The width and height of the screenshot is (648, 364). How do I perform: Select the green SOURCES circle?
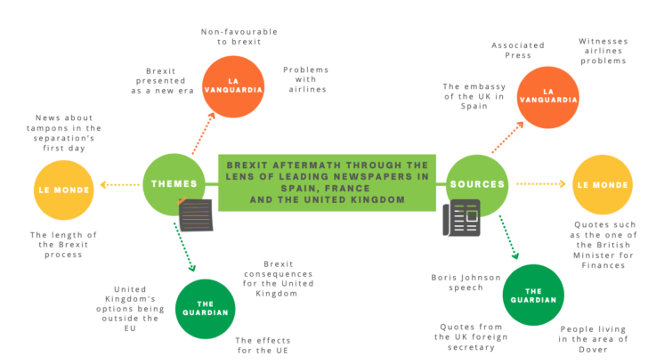coord(477,183)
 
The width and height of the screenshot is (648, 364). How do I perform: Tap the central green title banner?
coord(327,182)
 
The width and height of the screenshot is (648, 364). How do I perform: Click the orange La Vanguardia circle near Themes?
coord(232,86)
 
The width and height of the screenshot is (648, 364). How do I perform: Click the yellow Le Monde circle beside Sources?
coord(601,184)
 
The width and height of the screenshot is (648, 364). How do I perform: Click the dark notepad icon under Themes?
coord(196,214)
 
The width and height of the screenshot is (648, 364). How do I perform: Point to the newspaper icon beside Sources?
coord(461,217)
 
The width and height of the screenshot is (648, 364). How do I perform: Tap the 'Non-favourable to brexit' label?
coord(239,35)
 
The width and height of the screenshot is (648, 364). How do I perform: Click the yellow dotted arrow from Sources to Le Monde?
coord(540,184)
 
